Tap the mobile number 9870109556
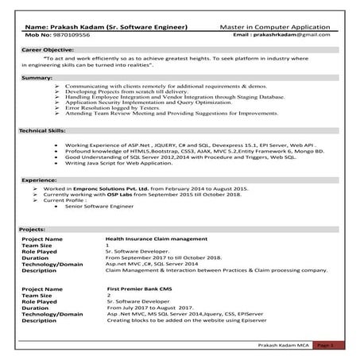click(69, 36)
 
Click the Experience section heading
click(39, 180)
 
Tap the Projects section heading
click(34, 229)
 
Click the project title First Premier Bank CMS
click(140, 288)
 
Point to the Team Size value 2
click(108, 295)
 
